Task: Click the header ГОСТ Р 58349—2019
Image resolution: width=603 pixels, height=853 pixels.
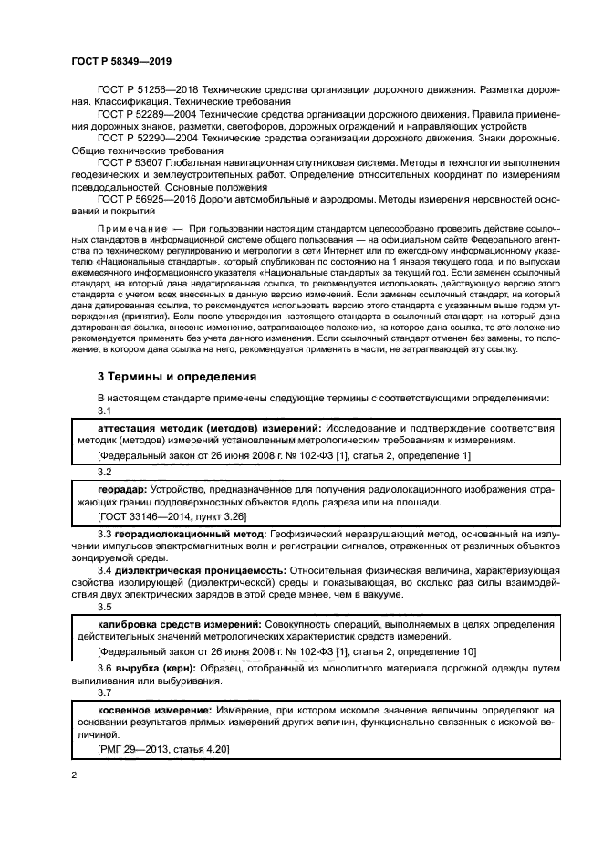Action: click(120, 61)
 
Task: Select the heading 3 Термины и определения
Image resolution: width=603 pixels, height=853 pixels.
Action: click(177, 375)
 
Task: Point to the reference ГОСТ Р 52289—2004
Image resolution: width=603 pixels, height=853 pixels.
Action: click(148, 115)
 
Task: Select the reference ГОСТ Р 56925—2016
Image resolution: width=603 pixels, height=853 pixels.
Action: click(148, 197)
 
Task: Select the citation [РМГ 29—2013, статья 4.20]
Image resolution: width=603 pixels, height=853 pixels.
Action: click(163, 748)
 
